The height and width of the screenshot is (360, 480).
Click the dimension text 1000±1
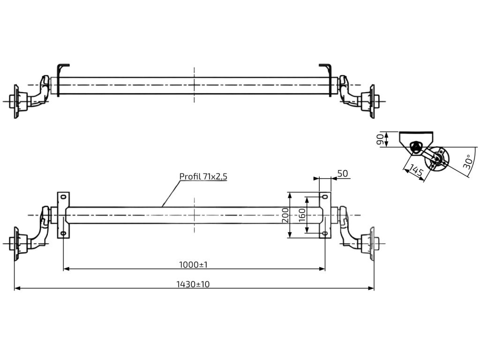[193, 265]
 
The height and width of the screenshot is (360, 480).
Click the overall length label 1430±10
[193, 284]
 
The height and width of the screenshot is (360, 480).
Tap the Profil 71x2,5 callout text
[203, 176]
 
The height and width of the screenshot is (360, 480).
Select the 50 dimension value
[343, 173]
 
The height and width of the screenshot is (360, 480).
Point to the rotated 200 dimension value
[285, 216]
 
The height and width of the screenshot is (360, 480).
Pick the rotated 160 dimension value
[302, 216]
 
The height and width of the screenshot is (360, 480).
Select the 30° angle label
[466, 162]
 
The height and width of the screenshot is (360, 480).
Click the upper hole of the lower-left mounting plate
[63, 197]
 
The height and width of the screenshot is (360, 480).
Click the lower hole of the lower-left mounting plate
[63, 233]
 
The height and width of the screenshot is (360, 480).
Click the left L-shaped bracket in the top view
[60, 77]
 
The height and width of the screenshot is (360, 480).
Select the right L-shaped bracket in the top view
[328, 77]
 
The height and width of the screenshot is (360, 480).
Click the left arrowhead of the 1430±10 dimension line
[16, 288]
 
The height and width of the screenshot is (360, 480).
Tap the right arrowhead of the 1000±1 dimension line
[323, 269]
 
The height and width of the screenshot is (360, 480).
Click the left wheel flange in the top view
[16, 100]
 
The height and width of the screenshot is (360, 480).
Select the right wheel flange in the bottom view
[373, 243]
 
